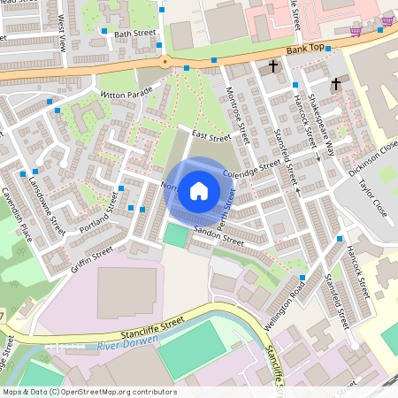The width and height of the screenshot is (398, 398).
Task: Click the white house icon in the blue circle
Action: [199, 190]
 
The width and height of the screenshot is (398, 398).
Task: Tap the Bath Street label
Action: [134, 34]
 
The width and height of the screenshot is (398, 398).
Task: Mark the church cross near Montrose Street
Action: [273, 66]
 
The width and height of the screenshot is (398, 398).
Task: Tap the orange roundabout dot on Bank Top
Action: [165, 61]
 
